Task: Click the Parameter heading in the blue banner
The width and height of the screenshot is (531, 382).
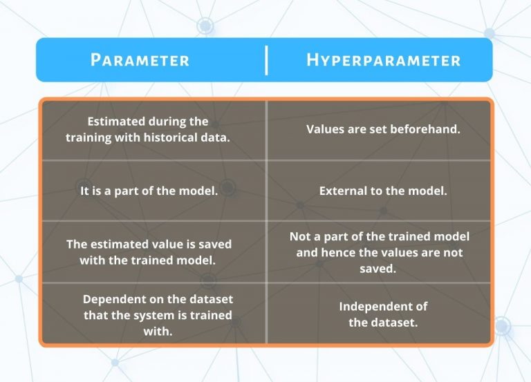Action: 140,60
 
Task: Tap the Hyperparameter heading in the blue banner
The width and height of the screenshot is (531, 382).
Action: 383,60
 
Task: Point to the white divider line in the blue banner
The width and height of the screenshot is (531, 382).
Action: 266,60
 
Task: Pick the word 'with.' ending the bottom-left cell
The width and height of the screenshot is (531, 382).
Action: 158,332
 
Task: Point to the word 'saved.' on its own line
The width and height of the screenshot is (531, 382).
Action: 378,269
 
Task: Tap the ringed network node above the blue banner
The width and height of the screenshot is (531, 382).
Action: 205,26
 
